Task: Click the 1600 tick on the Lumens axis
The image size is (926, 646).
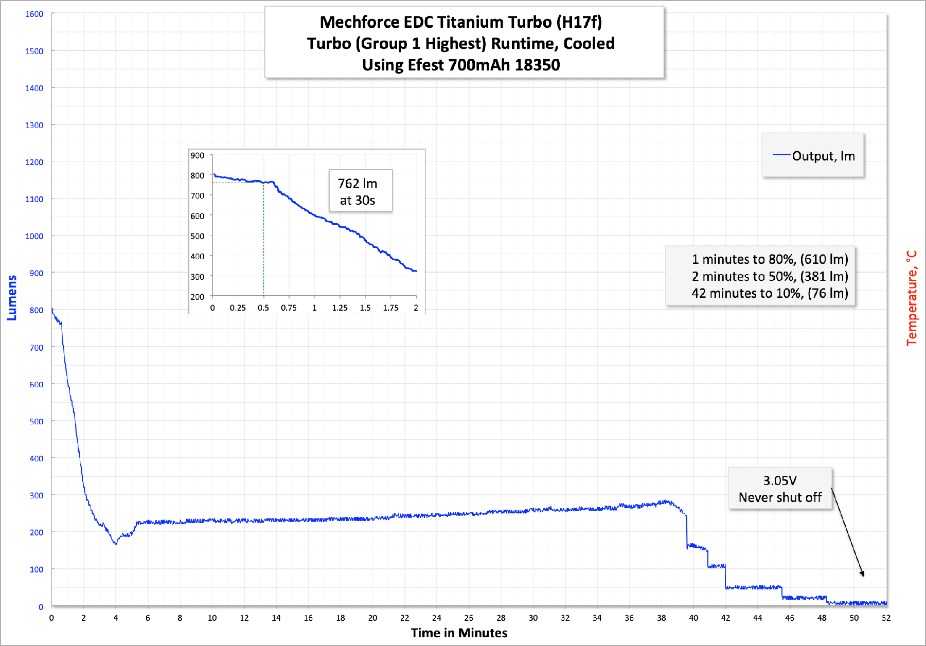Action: click(34, 14)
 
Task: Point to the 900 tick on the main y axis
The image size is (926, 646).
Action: click(37, 273)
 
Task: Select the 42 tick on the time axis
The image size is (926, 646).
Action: click(725, 618)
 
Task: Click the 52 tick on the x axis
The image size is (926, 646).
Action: click(886, 618)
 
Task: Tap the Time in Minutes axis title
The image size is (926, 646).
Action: click(459, 633)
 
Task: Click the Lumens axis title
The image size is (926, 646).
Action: click(12, 298)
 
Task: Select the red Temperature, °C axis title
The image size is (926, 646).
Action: click(912, 298)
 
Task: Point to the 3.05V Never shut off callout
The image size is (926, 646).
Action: click(780, 489)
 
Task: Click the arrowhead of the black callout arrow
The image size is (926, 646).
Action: click(863, 574)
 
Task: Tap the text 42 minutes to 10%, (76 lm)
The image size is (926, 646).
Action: click(770, 293)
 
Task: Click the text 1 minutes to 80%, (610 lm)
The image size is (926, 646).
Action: click(770, 259)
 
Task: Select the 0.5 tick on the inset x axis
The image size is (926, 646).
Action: click(263, 308)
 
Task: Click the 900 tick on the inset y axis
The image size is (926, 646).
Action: click(198, 155)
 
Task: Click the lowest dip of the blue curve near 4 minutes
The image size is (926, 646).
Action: click(116, 543)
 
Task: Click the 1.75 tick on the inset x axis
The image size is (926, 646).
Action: click(390, 308)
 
